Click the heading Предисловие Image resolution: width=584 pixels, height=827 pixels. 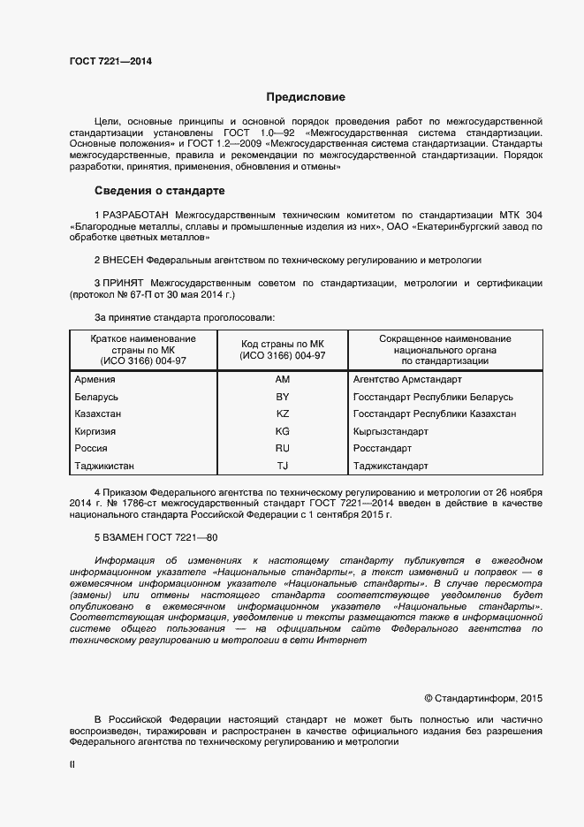tap(306, 97)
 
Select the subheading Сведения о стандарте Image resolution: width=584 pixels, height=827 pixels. tap(159, 191)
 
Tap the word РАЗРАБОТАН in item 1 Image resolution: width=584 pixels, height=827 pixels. tap(137, 215)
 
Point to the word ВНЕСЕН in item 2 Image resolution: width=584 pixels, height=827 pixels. tap(122, 261)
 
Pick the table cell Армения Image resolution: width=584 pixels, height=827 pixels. tap(97, 379)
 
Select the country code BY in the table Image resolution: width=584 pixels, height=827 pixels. tap(283, 397)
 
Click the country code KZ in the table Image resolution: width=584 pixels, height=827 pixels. tap(283, 413)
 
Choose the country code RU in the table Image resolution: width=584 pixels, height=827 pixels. tap(283, 448)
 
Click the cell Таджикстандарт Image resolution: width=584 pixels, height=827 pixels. tap(391, 466)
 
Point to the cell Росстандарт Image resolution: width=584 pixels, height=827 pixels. tap(383, 448)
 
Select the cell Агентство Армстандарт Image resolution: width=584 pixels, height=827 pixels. tap(406, 379)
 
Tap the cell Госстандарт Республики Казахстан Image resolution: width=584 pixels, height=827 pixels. tap(435, 413)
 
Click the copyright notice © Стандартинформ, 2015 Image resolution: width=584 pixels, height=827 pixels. tap(483, 698)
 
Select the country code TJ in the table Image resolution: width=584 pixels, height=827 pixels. tap(283, 466)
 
